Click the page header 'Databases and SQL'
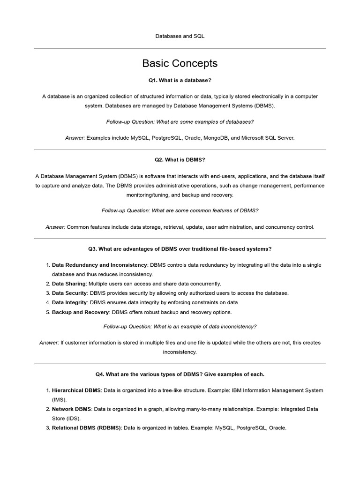[180, 36]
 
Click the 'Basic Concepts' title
[180, 63]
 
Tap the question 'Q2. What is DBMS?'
[180, 160]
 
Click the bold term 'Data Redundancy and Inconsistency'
[99, 265]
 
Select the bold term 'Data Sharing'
[69, 284]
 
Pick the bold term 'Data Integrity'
[69, 302]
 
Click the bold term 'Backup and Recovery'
[80, 312]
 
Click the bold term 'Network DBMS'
[71, 409]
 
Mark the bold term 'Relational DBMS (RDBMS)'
[87, 427]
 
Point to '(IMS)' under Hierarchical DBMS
[59, 400]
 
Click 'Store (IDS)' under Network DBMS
[66, 418]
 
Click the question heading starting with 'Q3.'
[180, 249]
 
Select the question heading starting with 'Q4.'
[180, 374]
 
